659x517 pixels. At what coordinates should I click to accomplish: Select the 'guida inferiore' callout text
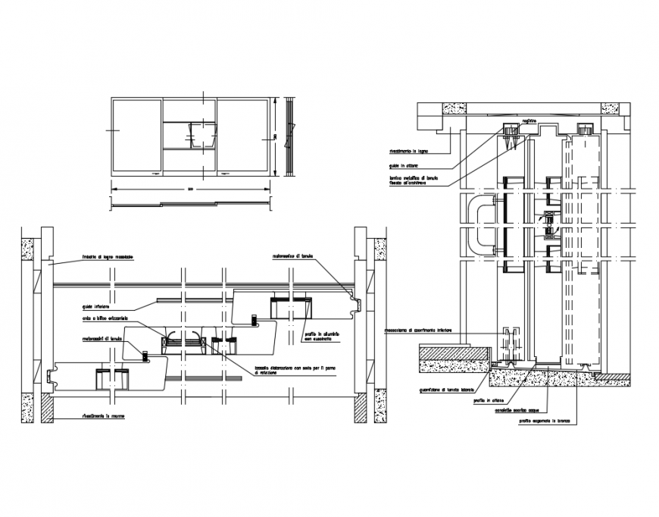pos(98,307)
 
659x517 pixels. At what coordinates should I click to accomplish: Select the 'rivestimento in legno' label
pos(410,151)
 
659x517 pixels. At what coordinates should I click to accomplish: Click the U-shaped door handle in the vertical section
pos(481,226)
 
